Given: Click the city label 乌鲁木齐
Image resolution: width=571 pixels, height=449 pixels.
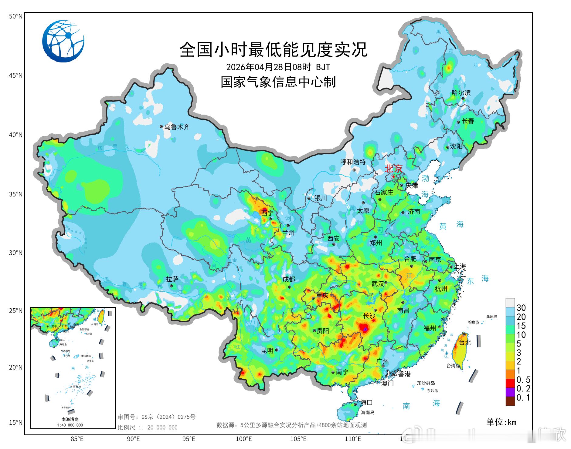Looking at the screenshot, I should (177, 127).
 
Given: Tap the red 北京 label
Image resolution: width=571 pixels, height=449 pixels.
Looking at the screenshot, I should (393, 168).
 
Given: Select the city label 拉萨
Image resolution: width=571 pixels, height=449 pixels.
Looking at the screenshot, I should (172, 279).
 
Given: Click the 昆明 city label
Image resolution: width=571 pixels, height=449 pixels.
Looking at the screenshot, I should (267, 350).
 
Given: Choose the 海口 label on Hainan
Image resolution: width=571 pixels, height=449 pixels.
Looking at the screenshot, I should (366, 402).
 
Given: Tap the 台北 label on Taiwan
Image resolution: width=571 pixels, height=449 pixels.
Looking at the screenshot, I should (465, 342).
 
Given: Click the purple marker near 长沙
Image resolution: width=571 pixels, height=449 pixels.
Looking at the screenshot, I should (365, 329).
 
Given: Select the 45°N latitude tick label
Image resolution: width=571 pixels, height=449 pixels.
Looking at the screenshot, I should (15, 75).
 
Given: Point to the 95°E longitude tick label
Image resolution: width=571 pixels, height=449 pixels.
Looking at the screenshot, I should (189, 439).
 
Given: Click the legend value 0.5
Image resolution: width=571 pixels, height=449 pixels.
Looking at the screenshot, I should (523, 380).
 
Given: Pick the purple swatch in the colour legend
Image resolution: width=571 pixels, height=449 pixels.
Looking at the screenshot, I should (510, 392).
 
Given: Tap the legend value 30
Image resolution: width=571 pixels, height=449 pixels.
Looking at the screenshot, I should (521, 308).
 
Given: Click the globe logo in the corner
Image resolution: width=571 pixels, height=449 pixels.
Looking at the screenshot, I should (63, 41).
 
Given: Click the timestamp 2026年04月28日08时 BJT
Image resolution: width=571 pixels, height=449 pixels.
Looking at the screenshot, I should (278, 67).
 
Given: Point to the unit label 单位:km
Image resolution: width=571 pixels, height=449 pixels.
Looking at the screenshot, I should (501, 422).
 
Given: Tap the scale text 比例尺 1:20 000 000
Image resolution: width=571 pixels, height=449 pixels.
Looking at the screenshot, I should (148, 427).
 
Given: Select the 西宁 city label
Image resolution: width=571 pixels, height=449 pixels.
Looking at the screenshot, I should (267, 213).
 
